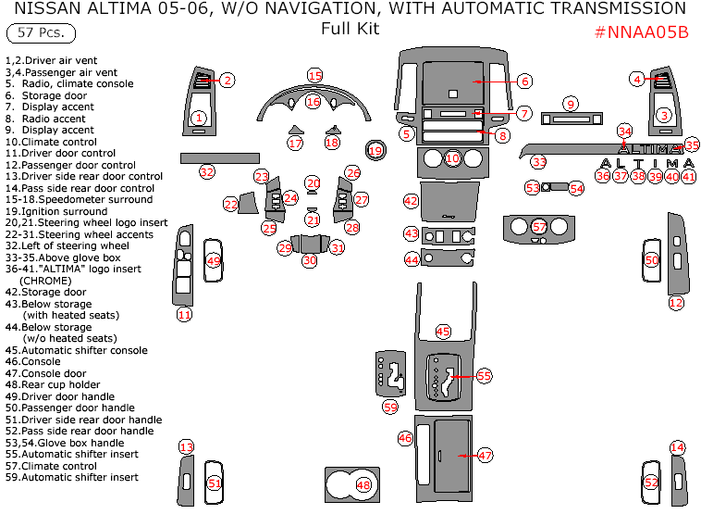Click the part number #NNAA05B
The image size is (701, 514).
(641, 31)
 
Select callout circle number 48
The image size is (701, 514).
(363, 484)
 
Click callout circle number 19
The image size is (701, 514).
(375, 150)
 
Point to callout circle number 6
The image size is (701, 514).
(523, 81)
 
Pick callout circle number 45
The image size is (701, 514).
(443, 331)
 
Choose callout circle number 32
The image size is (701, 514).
(206, 171)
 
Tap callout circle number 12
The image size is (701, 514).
(676, 303)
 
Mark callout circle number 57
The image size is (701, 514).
(539, 226)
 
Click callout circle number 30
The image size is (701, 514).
(309, 261)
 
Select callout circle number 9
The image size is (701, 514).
(571, 104)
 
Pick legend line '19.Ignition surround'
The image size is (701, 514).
(55, 211)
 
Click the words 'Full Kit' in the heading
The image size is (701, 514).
(350, 29)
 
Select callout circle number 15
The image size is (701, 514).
(314, 75)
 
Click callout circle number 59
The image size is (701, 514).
(390, 407)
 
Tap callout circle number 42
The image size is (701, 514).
(411, 200)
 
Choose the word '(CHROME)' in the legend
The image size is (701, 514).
(43, 281)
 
